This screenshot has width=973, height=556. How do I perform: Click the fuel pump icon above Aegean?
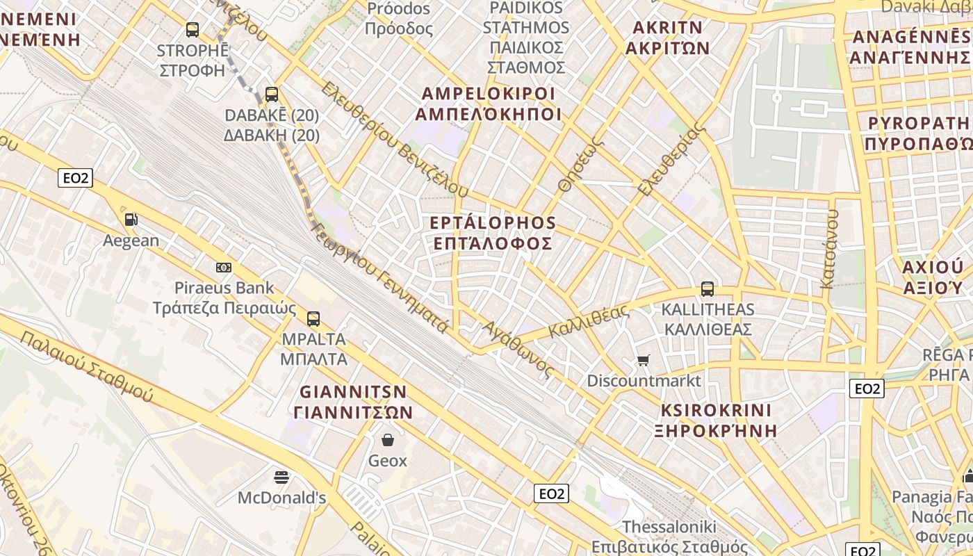131,220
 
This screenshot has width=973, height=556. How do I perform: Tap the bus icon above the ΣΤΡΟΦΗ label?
193,30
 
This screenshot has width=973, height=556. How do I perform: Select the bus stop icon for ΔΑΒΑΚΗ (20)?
272,94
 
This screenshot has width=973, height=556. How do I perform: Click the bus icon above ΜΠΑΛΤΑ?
313,319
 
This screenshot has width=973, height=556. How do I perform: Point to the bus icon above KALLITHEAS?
708,288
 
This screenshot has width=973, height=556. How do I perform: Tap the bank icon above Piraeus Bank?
224,267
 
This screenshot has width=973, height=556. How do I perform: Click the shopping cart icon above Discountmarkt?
644,360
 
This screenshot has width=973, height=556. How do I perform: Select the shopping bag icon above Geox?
388,440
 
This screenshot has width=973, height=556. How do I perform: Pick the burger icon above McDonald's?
281,477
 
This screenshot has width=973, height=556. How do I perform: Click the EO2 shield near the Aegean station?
75,178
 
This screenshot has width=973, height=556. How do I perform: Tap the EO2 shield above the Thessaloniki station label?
552,493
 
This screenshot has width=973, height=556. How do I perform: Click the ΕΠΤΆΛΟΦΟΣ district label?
493,243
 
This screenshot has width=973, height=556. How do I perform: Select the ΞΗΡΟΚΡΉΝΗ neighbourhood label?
716,430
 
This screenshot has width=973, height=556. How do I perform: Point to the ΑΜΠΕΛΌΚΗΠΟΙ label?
491,114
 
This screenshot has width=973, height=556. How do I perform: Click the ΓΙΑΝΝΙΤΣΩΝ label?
354,412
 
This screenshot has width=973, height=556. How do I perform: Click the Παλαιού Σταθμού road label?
86,366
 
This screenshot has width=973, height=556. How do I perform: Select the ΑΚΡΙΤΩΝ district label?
667,48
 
